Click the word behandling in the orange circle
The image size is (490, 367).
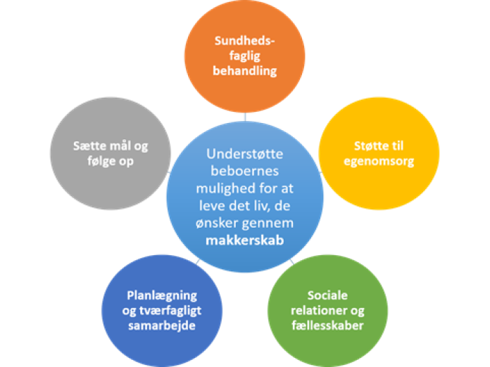(x=245, y=71)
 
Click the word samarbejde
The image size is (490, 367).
(x=162, y=325)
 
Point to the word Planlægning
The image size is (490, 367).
(x=162, y=295)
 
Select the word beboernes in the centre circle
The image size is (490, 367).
(x=245, y=172)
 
